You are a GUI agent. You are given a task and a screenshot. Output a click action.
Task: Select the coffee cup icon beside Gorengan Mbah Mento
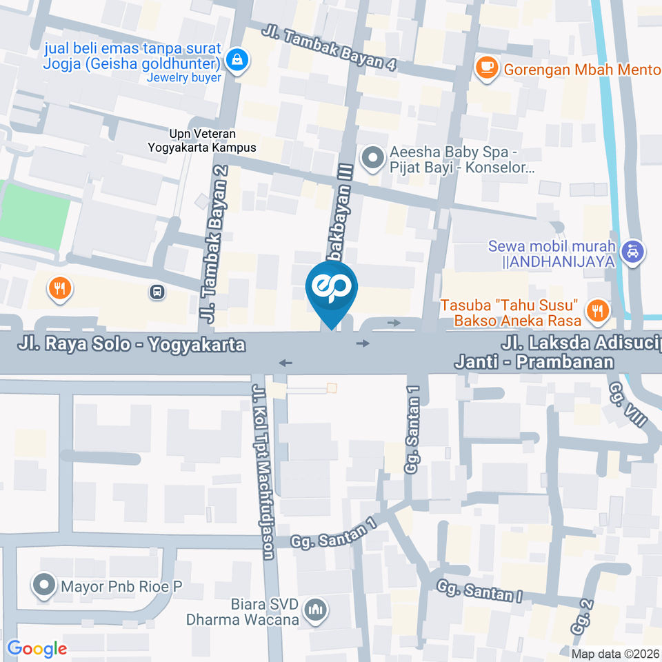[488, 68]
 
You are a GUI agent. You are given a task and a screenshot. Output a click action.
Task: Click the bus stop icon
[158, 292]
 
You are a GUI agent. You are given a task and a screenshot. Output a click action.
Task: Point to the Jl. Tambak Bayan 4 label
[330, 48]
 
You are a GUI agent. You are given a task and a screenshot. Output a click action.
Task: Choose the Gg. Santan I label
[480, 591]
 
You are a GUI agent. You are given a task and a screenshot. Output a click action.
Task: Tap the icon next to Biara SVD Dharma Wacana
[317, 610]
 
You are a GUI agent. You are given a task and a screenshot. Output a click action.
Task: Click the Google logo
[37, 648]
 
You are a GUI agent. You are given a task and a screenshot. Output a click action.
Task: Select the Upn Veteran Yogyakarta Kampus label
[202, 140]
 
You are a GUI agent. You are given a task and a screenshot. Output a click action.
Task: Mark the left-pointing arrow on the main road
[285, 363]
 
